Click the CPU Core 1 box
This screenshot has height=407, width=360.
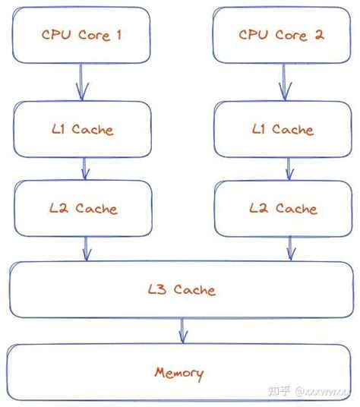tap(82, 34)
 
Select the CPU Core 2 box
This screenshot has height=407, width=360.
tap(283, 35)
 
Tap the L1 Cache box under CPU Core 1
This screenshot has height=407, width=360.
tap(82, 129)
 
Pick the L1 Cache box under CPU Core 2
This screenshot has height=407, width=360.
tap(283, 130)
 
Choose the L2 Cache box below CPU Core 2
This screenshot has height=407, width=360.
tap(283, 208)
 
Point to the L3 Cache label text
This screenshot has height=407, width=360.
tap(182, 289)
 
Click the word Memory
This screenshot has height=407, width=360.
tap(179, 373)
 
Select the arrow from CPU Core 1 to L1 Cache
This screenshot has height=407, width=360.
tap(81, 82)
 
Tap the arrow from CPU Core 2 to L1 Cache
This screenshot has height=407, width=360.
tap(283, 82)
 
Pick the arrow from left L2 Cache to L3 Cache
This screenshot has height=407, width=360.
tap(87, 248)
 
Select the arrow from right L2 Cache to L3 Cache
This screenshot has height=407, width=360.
tap(290, 248)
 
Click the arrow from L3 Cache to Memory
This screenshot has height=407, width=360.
tap(182, 330)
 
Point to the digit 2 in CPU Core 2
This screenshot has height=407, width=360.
tap(321, 35)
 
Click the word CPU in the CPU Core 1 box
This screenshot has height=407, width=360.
tap(55, 34)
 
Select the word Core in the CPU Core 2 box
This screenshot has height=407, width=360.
tap(290, 35)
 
